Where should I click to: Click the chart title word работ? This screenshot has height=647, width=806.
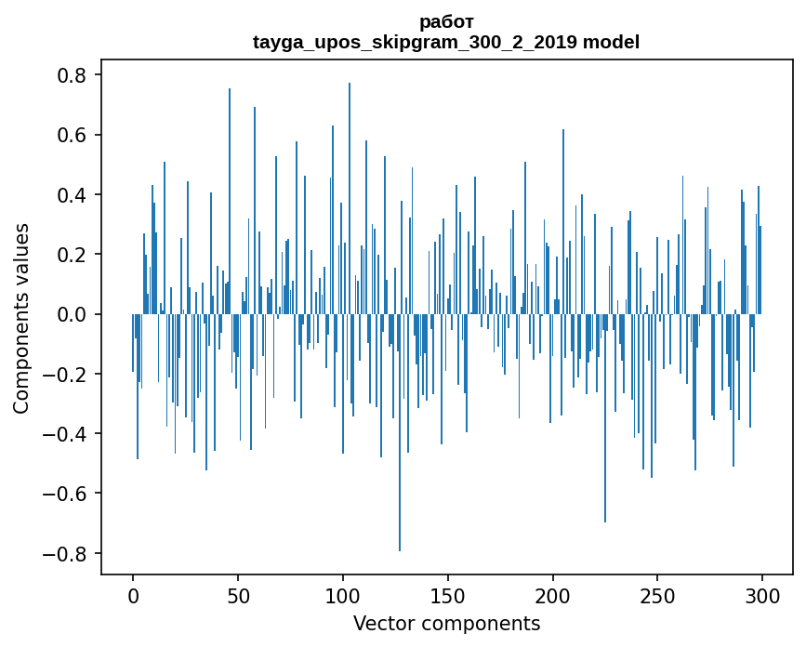tap(446, 21)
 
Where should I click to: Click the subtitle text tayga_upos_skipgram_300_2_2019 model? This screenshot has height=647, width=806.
tap(446, 42)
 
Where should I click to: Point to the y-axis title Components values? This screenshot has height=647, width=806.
tap(20, 318)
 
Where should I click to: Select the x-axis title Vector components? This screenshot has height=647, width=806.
tap(446, 623)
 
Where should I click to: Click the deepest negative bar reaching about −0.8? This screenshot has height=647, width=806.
tap(400, 465)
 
